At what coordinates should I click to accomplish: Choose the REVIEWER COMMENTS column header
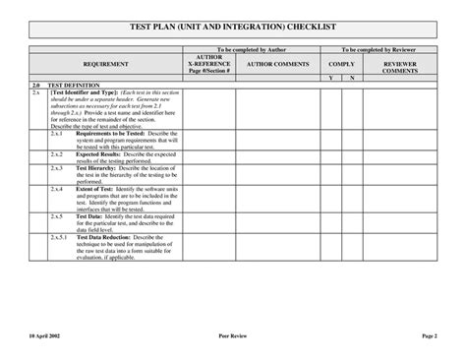pyautogui.click(x=399, y=67)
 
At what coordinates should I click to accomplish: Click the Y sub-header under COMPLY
pyautogui.click(x=330, y=77)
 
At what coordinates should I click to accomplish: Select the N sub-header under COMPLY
pyautogui.click(x=352, y=77)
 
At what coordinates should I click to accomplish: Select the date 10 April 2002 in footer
pyautogui.click(x=45, y=335)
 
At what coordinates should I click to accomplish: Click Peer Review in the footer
pyautogui.click(x=233, y=335)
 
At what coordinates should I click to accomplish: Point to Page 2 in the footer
pyautogui.click(x=428, y=335)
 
